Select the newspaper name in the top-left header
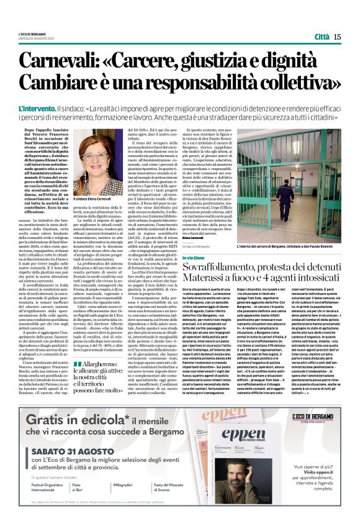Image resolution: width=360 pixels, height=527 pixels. click(x=40, y=33)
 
